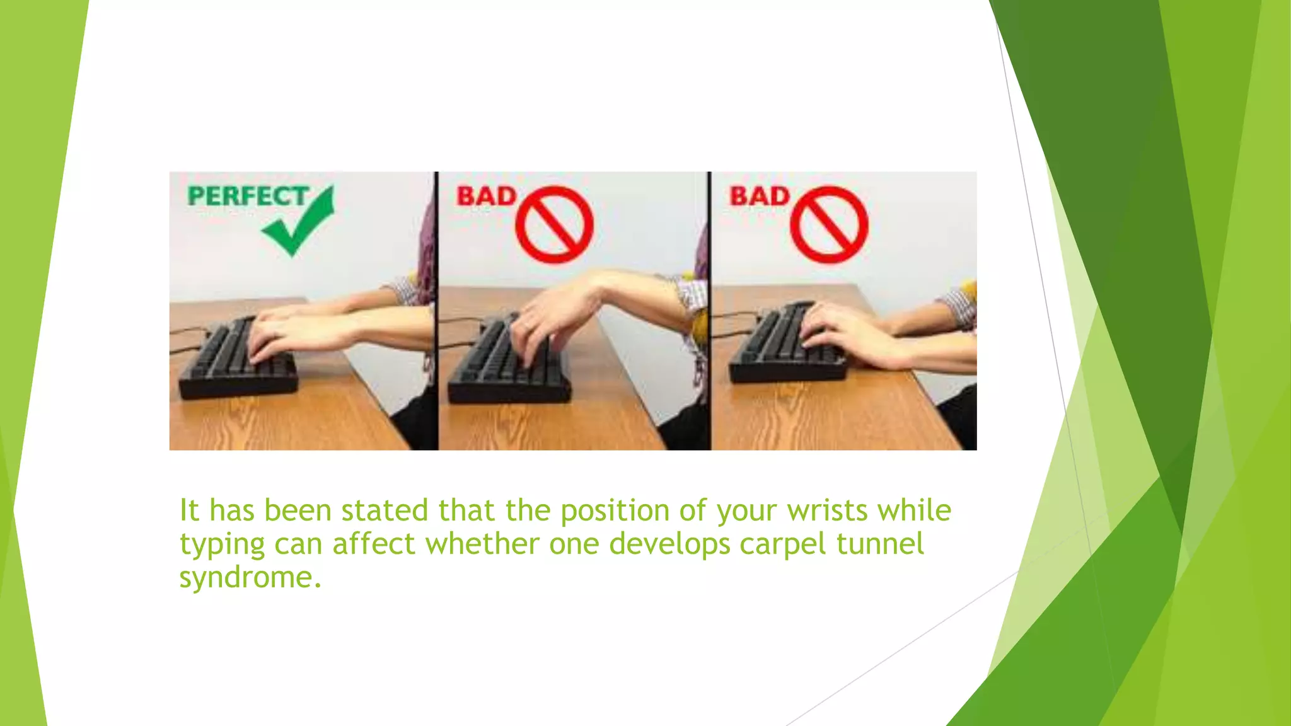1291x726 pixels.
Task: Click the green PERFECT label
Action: pyautogui.click(x=247, y=196)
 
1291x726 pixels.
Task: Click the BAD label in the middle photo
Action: pyautogui.click(x=486, y=196)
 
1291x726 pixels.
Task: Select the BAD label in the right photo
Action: pyautogui.click(x=759, y=196)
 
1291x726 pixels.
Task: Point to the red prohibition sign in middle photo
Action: pyautogui.click(x=554, y=224)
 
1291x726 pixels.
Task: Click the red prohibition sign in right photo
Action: pyautogui.click(x=829, y=224)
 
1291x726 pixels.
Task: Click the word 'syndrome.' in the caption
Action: pyautogui.click(x=250, y=578)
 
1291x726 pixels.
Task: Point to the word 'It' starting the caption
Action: pyautogui.click(x=189, y=510)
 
